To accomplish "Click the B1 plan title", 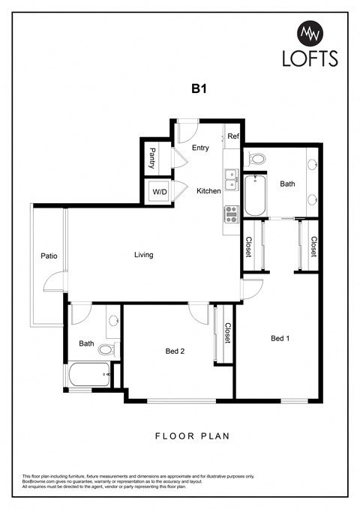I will tap(198, 88).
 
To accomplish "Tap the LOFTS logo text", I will tap(310, 58).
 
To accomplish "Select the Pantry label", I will tap(152, 158).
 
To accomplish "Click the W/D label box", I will tap(160, 192).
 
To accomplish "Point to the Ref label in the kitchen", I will tap(232, 136).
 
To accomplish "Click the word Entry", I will tap(200, 148).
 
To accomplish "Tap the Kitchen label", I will tap(208, 191).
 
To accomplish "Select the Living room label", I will tap(143, 255).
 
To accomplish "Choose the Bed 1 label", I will tap(280, 338).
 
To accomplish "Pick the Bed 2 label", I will tap(175, 351).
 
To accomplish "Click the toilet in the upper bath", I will tap(257, 158).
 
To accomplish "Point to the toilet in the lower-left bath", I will tap(106, 349).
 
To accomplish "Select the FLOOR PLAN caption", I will tap(191, 436).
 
